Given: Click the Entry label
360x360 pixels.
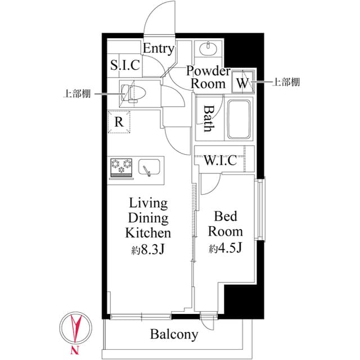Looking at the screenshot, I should (x=158, y=48).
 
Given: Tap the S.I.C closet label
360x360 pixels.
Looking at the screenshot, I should (x=124, y=65).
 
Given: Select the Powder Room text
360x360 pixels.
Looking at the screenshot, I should (x=209, y=78).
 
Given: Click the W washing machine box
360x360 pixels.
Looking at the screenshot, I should (x=243, y=83).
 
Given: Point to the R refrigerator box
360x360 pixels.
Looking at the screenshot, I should (x=119, y=121).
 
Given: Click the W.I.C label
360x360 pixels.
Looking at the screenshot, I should (x=220, y=161).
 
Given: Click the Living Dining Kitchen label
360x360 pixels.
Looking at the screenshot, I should (x=147, y=218).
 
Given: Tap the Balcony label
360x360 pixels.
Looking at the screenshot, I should (x=174, y=335).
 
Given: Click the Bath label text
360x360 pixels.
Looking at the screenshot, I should (x=208, y=118).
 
